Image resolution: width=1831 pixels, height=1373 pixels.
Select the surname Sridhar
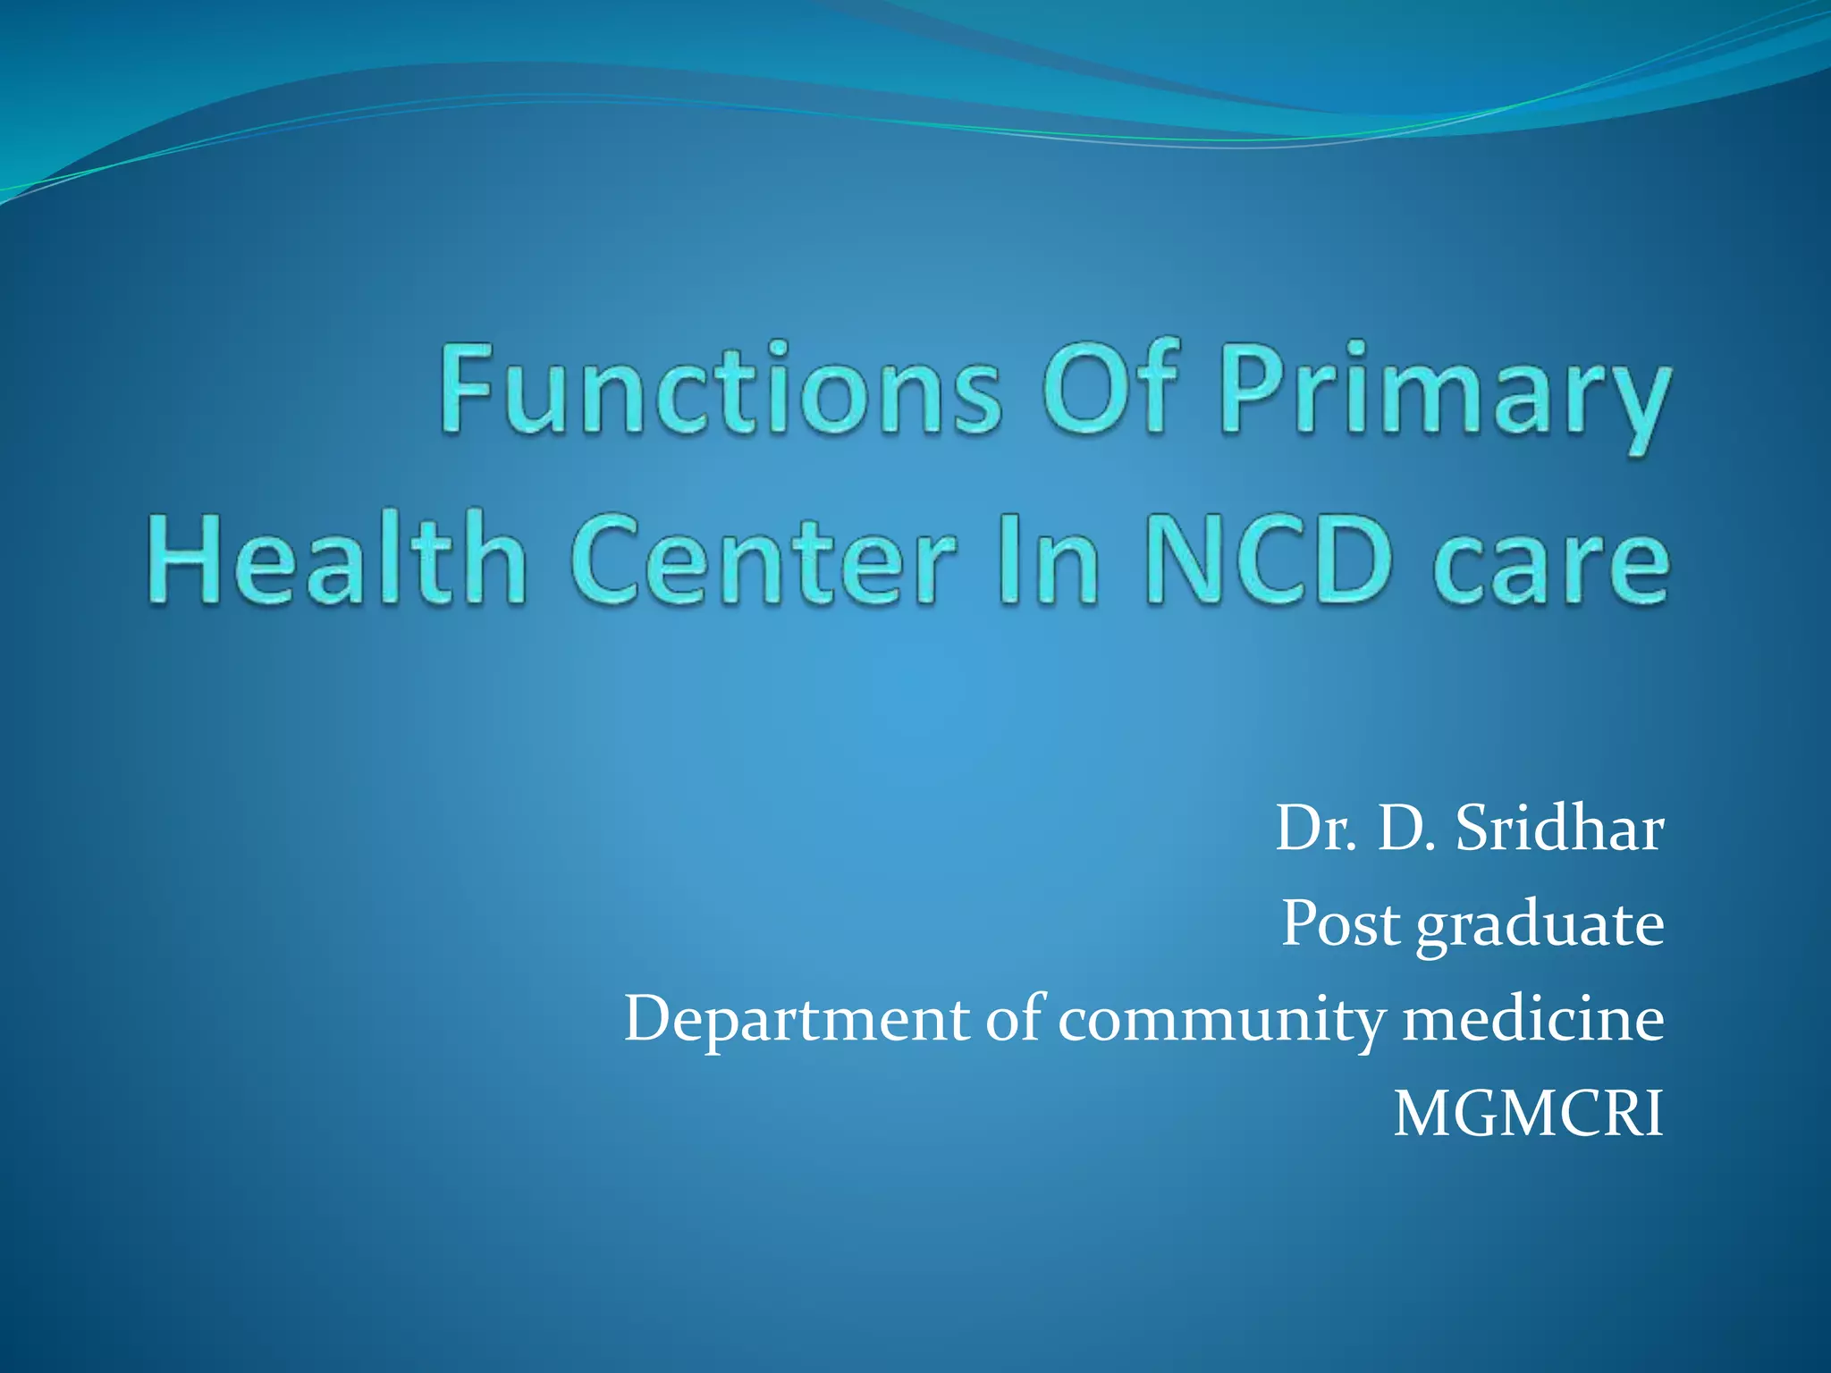pos(1559,829)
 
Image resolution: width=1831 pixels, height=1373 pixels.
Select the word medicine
pos(1533,1019)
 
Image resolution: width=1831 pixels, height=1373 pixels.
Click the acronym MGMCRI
pos(1528,1115)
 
